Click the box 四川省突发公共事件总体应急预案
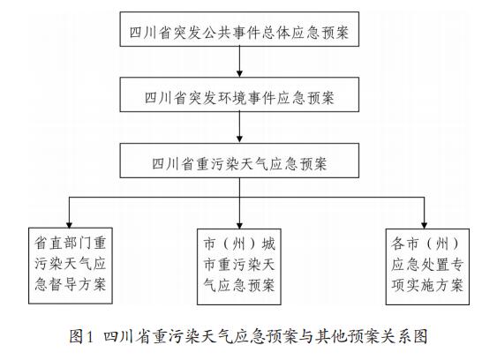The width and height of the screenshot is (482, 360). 239,29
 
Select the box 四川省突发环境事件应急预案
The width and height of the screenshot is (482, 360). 239,94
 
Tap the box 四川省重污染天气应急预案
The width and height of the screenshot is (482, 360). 239,161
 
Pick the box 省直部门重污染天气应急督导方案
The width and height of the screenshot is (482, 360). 71,266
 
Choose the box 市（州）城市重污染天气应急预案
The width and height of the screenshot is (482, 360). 239,266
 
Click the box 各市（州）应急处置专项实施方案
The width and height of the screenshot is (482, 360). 427,266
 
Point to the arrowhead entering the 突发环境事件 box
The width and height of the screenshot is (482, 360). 239,74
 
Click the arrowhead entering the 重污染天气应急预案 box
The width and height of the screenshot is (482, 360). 239,139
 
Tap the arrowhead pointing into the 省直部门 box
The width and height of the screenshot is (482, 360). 69,224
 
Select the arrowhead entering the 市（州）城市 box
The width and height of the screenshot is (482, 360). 239,225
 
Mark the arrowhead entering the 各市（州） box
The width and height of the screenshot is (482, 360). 425,225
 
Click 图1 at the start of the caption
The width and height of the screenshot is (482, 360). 80,336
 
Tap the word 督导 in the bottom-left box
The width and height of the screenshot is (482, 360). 63,284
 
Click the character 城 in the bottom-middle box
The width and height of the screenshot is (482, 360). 268,244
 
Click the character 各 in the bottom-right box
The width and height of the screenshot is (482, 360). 398,244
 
